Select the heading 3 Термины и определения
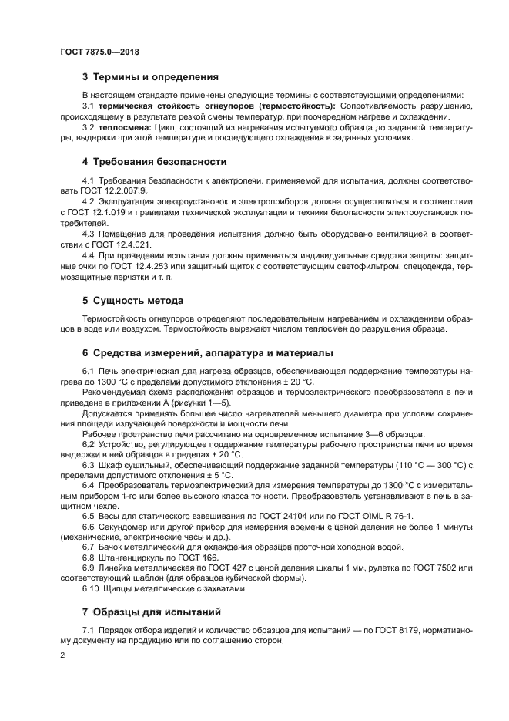(150, 77)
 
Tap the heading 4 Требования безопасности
(154, 162)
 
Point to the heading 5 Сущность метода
(132, 300)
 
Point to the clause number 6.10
(92, 589)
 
